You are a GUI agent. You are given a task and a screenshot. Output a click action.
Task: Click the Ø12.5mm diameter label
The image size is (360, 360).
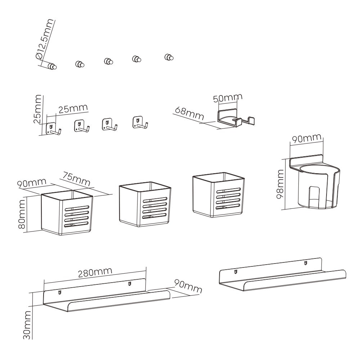[x=45, y=39]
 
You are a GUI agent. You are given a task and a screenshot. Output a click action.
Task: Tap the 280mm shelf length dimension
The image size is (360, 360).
[x=95, y=272]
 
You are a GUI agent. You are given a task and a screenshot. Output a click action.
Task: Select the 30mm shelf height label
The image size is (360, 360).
[x=27, y=325]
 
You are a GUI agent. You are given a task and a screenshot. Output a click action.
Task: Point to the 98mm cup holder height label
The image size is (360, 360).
[x=280, y=184]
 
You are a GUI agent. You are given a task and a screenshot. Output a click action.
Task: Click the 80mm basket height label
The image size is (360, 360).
[x=22, y=214]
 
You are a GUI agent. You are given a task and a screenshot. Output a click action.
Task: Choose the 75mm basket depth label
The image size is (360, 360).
[x=75, y=179]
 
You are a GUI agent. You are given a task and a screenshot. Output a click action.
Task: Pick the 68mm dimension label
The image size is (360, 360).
[x=189, y=114]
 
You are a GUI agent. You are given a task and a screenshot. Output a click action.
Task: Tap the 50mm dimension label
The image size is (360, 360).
[x=228, y=98]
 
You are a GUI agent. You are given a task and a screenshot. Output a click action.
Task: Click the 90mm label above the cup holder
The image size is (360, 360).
[x=306, y=138]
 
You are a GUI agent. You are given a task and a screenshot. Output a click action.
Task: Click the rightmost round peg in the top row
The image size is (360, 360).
[x=169, y=57]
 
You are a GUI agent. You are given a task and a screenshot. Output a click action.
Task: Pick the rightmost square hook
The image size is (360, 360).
[x=140, y=122]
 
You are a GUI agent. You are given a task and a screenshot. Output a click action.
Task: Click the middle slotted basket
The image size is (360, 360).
[x=145, y=204]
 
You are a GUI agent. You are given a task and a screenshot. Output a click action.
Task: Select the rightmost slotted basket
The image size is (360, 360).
[x=219, y=195]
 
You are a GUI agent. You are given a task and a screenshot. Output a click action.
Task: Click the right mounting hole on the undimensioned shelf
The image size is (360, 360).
[x=305, y=262]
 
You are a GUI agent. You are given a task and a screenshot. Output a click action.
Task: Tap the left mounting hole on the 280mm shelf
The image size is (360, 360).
[x=60, y=292]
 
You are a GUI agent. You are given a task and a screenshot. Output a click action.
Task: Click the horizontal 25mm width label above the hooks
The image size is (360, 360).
[x=73, y=109]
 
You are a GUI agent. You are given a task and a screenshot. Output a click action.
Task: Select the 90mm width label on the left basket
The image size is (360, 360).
[x=32, y=183]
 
